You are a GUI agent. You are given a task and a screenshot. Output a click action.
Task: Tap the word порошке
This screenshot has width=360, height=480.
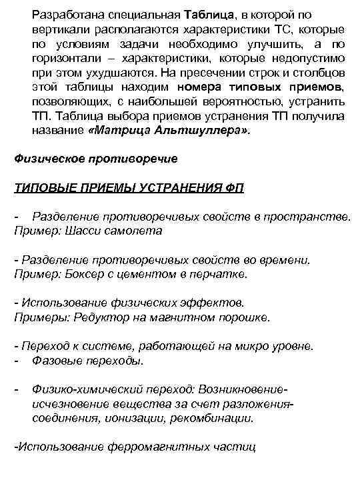point(245,318)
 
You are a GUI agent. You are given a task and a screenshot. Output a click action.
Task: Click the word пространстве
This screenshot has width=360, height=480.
point(314,217)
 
